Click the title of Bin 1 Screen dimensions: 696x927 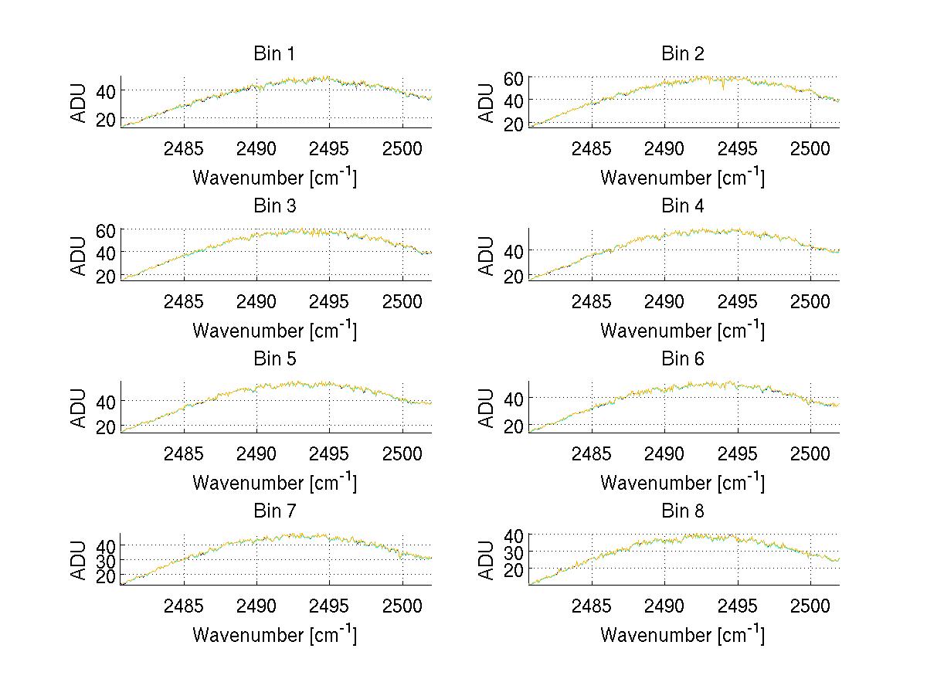click(274, 54)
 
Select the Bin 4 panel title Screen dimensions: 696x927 click(682, 206)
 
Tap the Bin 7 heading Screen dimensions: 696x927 click(274, 511)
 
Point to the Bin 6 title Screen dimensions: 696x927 click(682, 359)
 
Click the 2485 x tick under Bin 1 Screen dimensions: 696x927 click(184, 148)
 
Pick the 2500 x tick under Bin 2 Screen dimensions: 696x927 click(810, 148)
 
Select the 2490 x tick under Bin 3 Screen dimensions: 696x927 click(256, 300)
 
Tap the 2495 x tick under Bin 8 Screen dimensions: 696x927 click(738, 606)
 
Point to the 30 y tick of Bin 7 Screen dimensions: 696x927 click(107, 560)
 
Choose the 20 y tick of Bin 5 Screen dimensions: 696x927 click(107, 426)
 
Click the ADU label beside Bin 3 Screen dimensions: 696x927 click(80, 256)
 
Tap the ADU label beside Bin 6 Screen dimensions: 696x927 click(487, 408)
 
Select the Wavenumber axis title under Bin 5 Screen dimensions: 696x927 click(274, 482)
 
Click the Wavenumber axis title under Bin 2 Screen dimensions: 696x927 click(682, 177)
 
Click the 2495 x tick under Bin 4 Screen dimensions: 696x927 click(738, 300)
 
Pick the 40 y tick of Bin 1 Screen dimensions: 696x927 click(107, 90)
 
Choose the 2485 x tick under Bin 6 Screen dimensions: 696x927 click(592, 453)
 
